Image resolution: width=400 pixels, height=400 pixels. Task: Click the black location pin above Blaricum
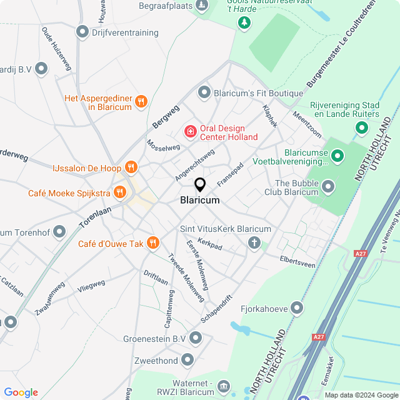[x=200, y=184]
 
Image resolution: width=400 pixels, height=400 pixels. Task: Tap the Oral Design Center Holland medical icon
[x=189, y=132]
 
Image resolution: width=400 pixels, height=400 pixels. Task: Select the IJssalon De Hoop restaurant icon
[x=131, y=167]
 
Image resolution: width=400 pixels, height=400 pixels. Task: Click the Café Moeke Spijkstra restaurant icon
[x=119, y=192]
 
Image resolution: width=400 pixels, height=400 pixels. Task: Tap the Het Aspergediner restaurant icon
[x=141, y=101]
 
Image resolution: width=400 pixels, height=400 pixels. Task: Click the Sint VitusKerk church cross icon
[x=254, y=242]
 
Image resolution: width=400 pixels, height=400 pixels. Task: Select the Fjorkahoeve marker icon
[x=297, y=307]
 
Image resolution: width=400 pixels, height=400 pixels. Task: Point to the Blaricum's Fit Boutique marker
[x=204, y=93]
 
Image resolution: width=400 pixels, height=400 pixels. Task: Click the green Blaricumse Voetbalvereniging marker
[x=337, y=155]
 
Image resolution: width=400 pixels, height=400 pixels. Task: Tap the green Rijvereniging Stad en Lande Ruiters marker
[x=361, y=128]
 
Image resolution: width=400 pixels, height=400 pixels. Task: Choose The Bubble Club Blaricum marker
[x=328, y=186]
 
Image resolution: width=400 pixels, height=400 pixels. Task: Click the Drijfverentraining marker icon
[x=82, y=31]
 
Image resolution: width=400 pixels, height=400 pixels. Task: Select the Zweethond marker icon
[x=187, y=360]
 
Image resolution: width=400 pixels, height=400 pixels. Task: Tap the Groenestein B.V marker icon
[x=196, y=338]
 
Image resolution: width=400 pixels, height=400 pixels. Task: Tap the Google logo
[x=21, y=392]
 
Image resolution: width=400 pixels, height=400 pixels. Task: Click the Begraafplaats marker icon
[x=201, y=6]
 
